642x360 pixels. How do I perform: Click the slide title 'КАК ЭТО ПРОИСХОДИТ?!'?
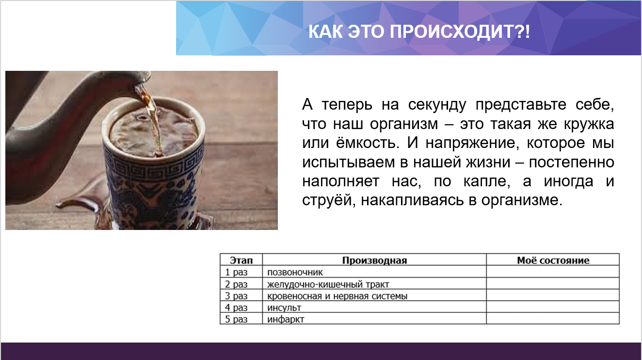419,32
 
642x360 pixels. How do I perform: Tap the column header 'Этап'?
241,260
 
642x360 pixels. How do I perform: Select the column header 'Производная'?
374,260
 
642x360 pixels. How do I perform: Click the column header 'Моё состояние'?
553,260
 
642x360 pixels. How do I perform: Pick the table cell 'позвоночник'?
295,272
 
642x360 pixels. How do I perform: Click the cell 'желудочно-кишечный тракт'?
328,284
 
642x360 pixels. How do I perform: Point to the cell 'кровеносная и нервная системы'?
337,295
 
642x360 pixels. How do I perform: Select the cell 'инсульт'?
284,308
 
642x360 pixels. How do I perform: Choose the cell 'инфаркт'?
286,319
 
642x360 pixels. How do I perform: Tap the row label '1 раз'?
236,272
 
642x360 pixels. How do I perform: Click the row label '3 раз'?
236,295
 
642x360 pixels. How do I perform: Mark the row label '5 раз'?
236,319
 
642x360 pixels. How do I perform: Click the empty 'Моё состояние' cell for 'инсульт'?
553,307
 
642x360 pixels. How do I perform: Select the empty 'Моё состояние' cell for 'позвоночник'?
553,272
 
